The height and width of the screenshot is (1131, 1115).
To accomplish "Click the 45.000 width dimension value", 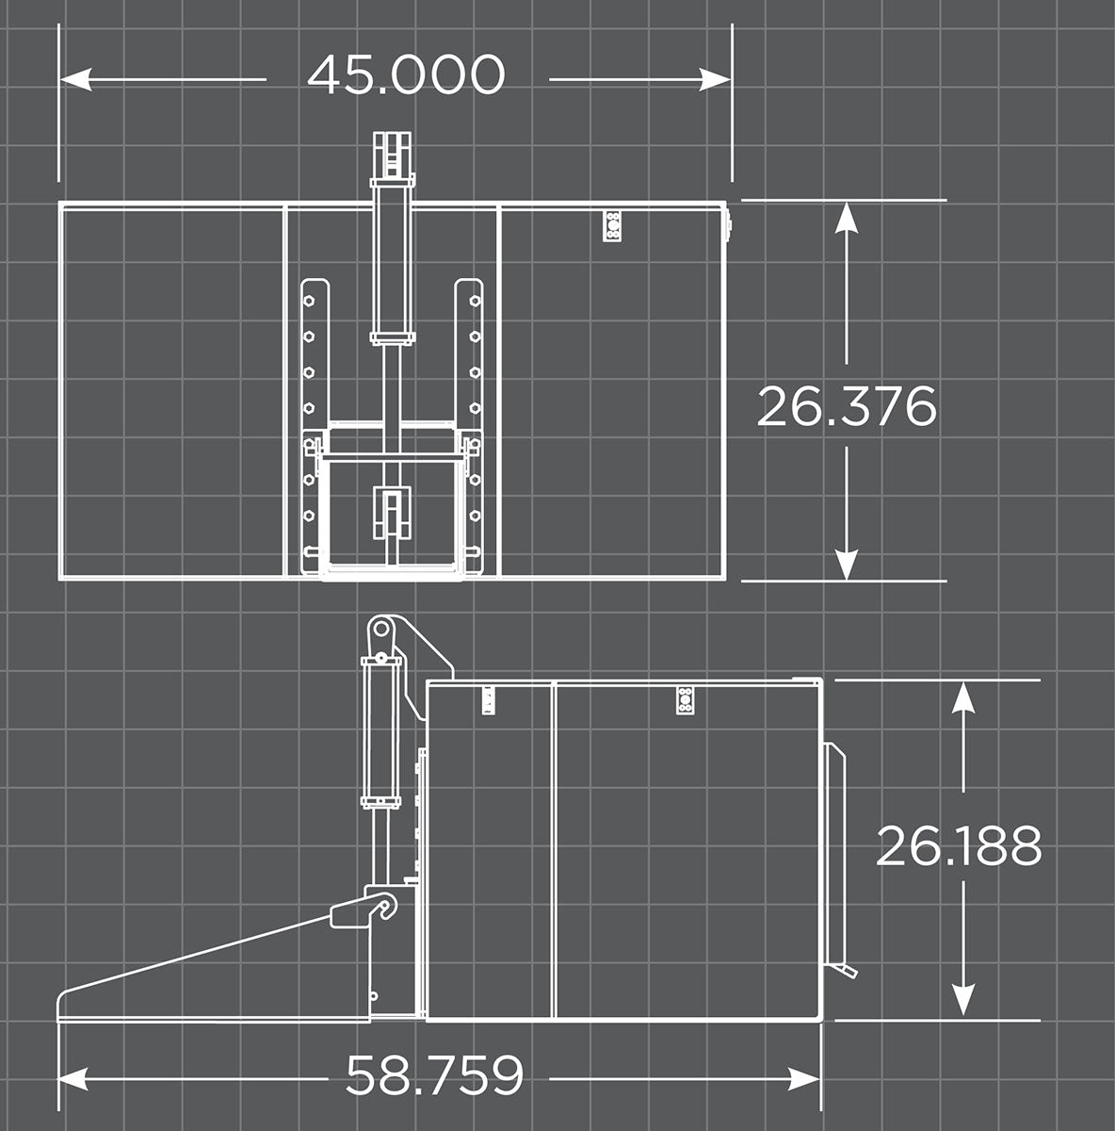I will [x=406, y=75].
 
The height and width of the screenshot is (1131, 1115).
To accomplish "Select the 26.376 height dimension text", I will [x=847, y=406].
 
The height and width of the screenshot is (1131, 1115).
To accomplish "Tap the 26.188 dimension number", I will [x=959, y=845].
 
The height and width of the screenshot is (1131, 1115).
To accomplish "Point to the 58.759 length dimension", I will [x=434, y=1075].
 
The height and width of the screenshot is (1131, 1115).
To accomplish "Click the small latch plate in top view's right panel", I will [x=613, y=226].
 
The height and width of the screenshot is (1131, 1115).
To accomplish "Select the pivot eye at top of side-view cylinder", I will [x=381, y=630].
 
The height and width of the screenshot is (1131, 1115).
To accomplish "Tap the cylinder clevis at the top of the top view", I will [x=392, y=156].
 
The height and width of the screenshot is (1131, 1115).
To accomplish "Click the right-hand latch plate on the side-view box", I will [x=686, y=701].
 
